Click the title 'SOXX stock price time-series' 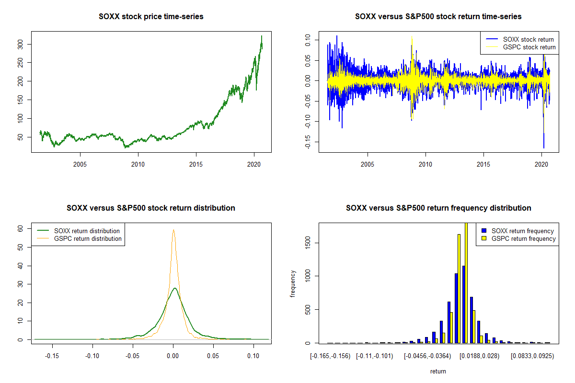pos(151,17)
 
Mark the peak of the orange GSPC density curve pos(173,230)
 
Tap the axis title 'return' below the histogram pos(438,372)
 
